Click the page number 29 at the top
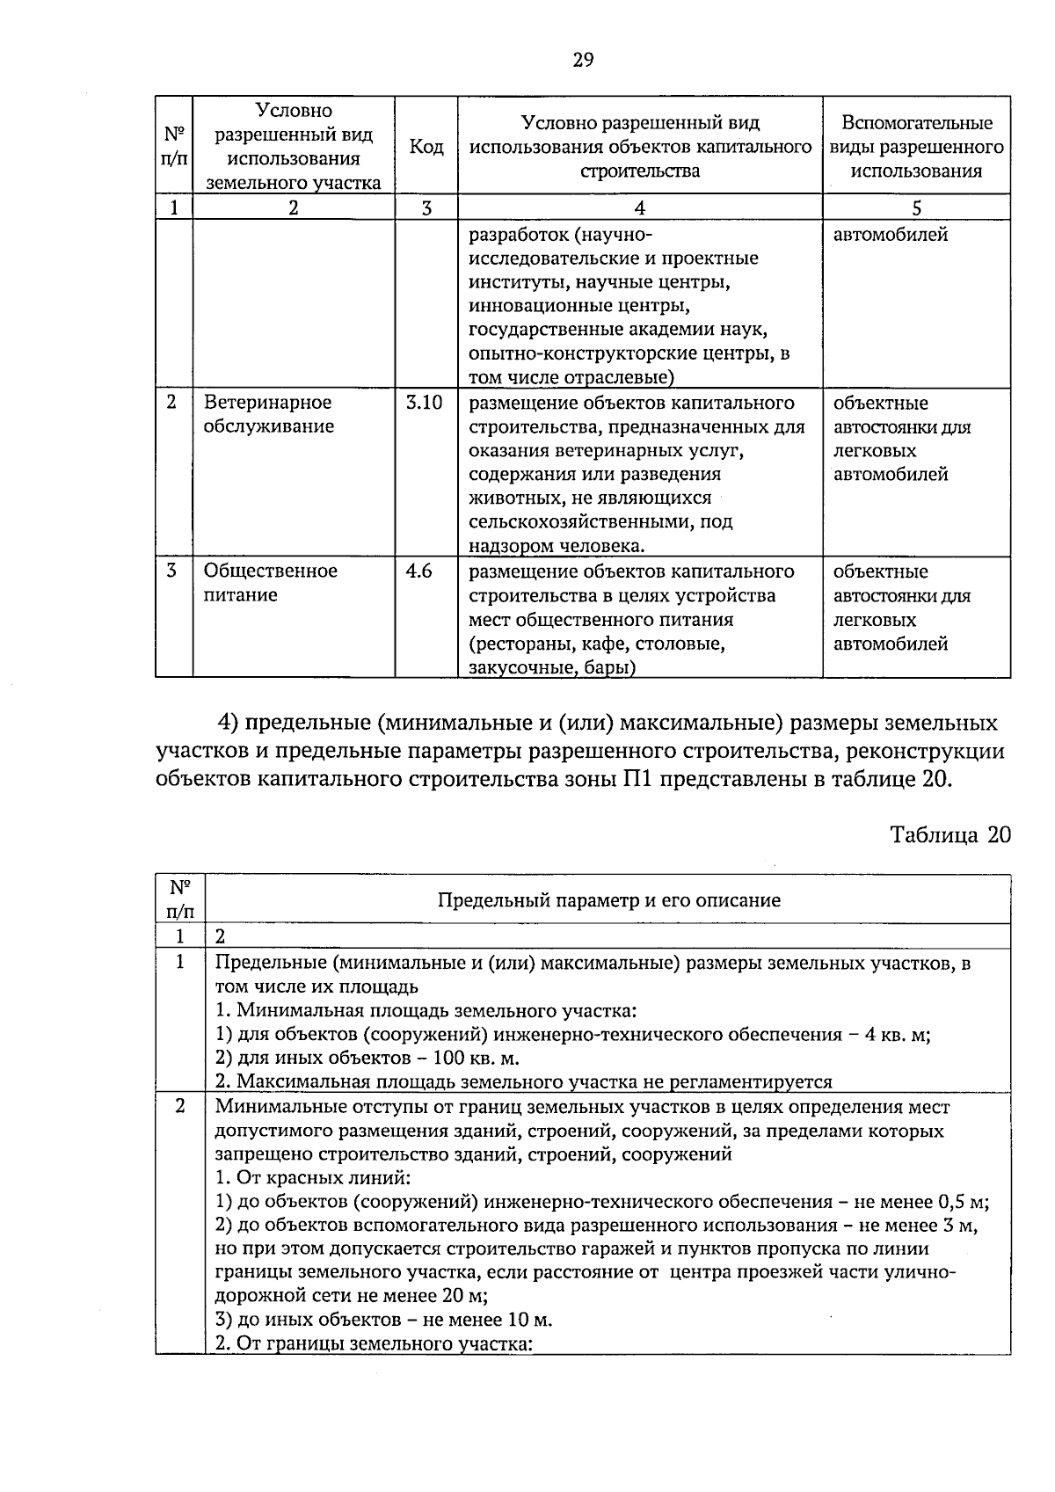point(583,60)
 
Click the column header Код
point(426,146)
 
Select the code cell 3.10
point(424,403)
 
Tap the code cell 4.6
point(418,571)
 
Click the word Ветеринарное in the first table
point(267,403)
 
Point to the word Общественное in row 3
point(270,571)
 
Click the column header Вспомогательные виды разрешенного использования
point(916,146)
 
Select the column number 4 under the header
point(639,207)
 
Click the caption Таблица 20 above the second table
point(950,834)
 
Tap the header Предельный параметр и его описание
point(608,900)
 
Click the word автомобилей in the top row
point(890,235)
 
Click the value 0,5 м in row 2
point(964,1201)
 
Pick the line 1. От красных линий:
point(313,1177)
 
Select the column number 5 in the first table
point(916,207)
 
